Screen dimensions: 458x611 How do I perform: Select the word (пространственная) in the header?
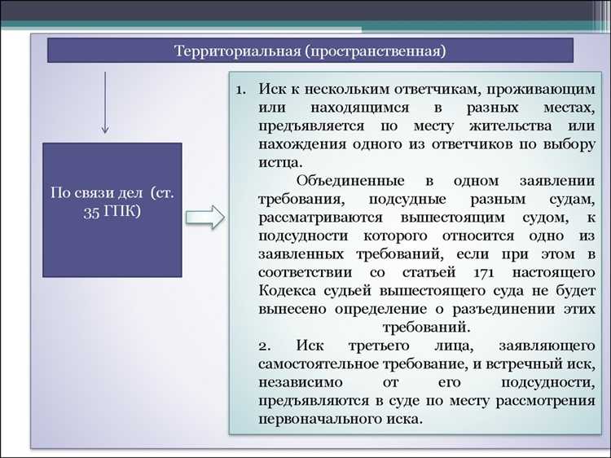(x=376, y=51)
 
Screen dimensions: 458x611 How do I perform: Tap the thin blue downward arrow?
(x=104, y=101)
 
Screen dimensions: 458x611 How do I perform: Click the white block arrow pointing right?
(x=204, y=218)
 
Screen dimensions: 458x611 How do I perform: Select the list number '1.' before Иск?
(x=241, y=89)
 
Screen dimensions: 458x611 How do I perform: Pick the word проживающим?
(x=546, y=89)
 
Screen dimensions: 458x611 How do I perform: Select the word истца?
(x=277, y=163)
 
